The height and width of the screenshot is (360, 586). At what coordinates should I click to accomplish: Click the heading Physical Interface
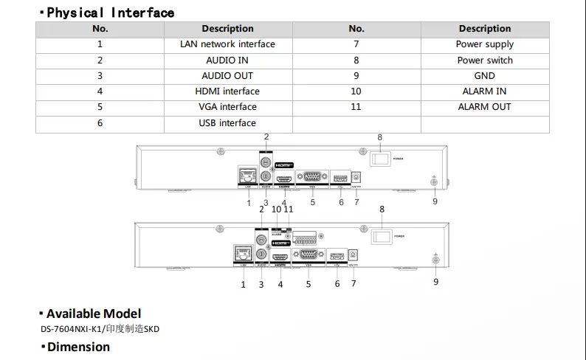click(111, 13)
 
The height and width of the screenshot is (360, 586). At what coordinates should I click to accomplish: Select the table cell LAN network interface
click(227, 44)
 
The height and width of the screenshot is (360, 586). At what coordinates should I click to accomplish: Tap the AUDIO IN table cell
click(227, 60)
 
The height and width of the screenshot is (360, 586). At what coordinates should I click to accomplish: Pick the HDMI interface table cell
click(227, 91)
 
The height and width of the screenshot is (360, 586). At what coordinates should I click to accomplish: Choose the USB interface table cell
click(227, 123)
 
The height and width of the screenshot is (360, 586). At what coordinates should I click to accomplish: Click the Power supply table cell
click(485, 44)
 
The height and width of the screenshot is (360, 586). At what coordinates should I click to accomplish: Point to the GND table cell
click(485, 76)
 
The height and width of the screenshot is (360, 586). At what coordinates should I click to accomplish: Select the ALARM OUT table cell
click(485, 107)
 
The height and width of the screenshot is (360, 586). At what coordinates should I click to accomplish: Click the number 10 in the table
click(356, 91)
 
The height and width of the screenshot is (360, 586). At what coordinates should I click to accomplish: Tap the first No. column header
click(100, 29)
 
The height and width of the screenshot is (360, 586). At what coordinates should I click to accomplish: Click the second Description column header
click(485, 29)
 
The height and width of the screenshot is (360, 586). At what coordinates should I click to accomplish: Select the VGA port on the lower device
click(308, 255)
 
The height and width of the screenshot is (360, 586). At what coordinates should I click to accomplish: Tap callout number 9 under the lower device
click(435, 282)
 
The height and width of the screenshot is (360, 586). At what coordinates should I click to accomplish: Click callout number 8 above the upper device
click(380, 138)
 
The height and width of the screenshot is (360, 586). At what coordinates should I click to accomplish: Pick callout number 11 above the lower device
click(289, 210)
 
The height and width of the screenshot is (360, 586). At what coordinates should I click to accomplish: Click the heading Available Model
click(94, 314)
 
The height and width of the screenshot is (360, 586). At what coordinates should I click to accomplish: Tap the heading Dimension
click(78, 347)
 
